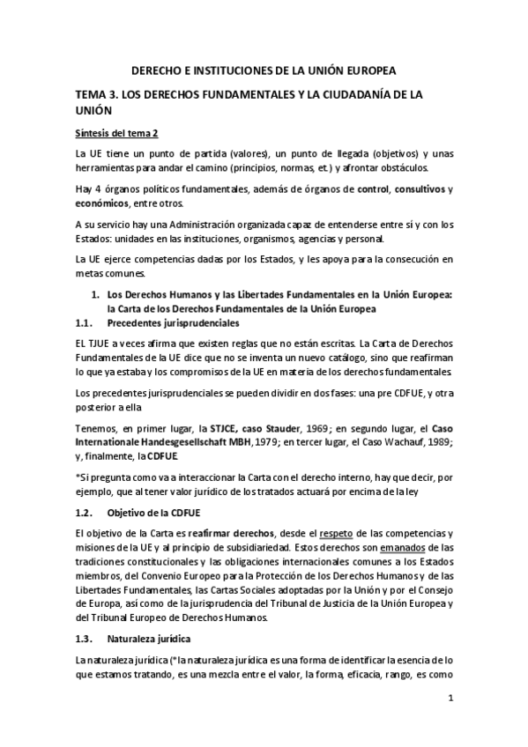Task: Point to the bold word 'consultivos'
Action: pos(419,189)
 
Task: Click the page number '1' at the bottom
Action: pos(450,699)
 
